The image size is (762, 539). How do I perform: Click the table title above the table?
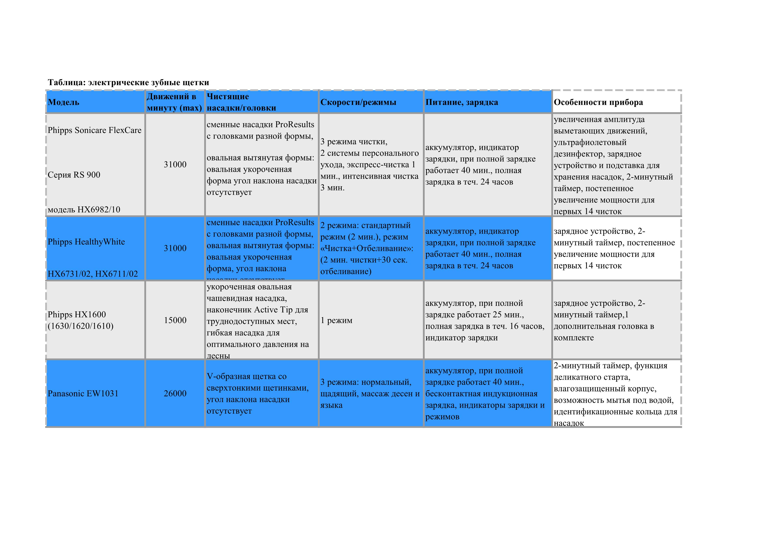tap(128, 82)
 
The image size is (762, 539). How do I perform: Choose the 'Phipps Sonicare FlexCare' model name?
tap(94, 130)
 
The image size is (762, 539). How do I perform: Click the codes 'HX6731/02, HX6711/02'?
tap(93, 274)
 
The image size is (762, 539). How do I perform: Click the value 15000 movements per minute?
tap(175, 320)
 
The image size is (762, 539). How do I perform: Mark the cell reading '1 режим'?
tap(336, 320)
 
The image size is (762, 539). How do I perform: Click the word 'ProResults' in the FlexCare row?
tap(294, 124)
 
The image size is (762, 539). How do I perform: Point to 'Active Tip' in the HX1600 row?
tap(273, 310)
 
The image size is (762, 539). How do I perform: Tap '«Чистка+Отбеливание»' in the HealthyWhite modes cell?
tap(366, 248)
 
